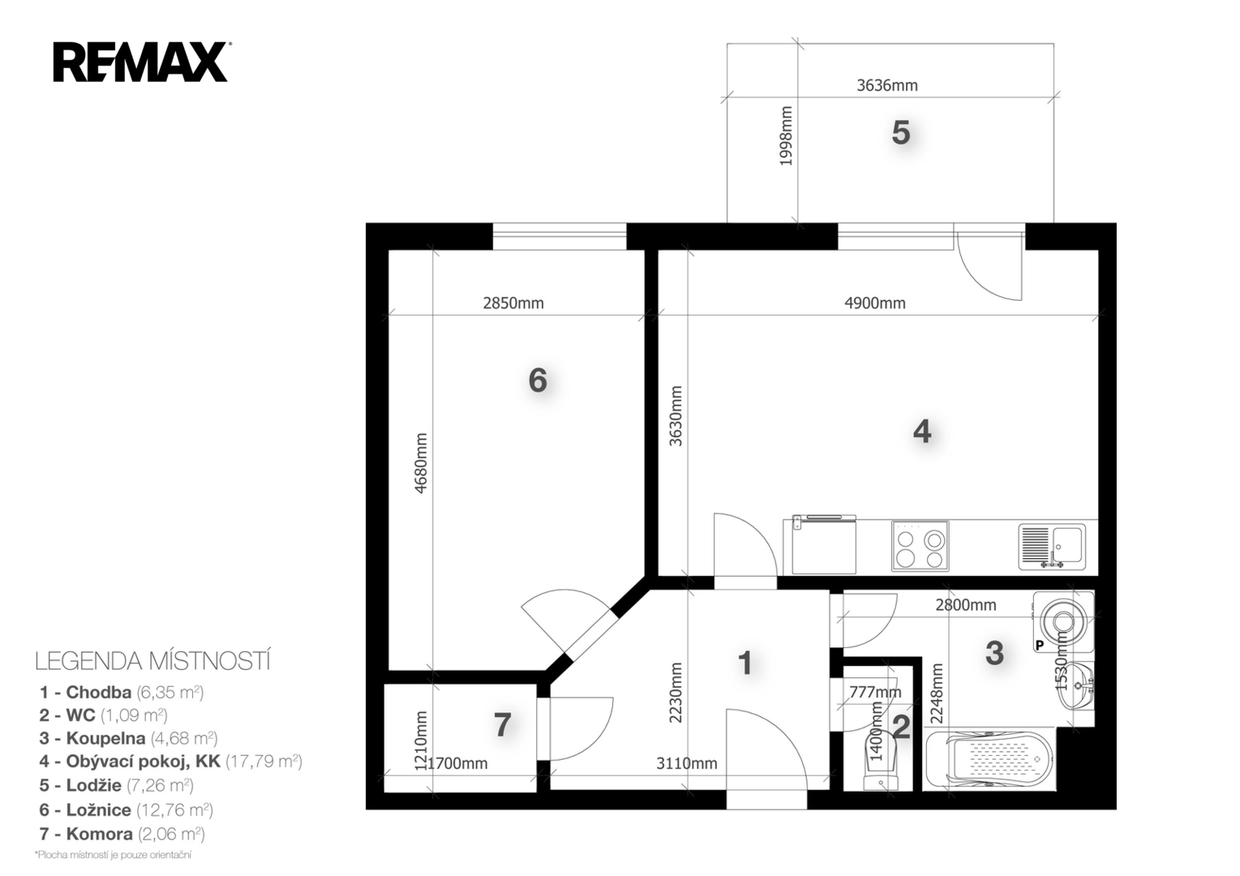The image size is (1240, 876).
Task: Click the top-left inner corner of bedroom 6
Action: [x=388, y=251]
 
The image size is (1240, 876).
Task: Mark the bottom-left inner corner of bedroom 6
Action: [x=388, y=671]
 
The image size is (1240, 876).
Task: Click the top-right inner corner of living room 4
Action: [x=1098, y=251]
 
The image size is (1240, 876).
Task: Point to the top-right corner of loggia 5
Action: [x=1053, y=44]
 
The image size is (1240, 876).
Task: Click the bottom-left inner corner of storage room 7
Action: [x=384, y=792]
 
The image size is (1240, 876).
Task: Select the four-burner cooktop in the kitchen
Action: [x=920, y=546]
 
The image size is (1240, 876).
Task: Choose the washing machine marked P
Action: [x=1063, y=621]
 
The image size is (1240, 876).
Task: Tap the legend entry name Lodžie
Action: [x=94, y=785]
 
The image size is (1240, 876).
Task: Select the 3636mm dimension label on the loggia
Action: [x=887, y=85]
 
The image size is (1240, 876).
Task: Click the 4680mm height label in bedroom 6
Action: [x=421, y=463]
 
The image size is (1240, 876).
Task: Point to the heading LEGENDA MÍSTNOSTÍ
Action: [x=152, y=661]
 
